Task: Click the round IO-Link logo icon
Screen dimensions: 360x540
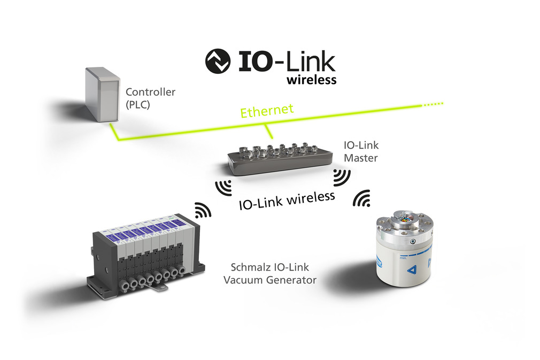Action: click(218, 62)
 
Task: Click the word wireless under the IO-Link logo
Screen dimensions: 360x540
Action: click(312, 80)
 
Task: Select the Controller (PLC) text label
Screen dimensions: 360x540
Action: click(150, 98)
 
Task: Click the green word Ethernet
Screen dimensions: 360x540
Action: click(267, 111)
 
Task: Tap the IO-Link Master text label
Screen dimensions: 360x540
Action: click(361, 151)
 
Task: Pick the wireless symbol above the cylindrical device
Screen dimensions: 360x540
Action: click(362, 199)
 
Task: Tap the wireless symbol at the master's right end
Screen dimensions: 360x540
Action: click(341, 177)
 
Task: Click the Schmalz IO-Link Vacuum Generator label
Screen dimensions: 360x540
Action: click(269, 273)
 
